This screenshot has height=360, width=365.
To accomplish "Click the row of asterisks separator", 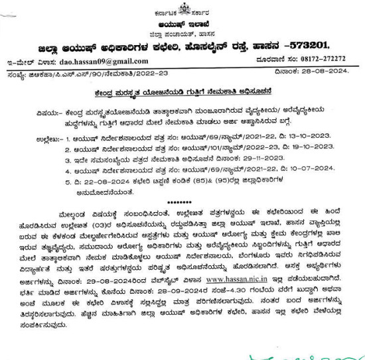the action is [182, 202].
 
